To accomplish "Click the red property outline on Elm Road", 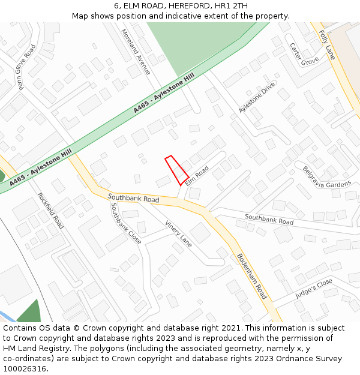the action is pyautogui.click(x=176, y=170).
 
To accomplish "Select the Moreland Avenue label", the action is pyautogui.click(x=136, y=52).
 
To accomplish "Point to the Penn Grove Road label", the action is pyautogui.click(x=26, y=67).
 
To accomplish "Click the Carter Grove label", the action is pyautogui.click(x=304, y=54).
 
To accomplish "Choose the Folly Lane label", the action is pyautogui.click(x=327, y=45).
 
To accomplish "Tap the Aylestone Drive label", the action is pyautogui.click(x=257, y=97).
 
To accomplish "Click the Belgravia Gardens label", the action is pyautogui.click(x=326, y=178).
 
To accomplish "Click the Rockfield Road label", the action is pyautogui.click(x=50, y=210).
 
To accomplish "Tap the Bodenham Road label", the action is pyautogui.click(x=251, y=276).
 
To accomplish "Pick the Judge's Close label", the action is pyautogui.click(x=314, y=289).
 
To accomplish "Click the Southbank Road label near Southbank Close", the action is pyautogui.click(x=133, y=198).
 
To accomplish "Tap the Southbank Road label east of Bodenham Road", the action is pyautogui.click(x=269, y=219).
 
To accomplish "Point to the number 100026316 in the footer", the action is pyautogui.click(x=25, y=368).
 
